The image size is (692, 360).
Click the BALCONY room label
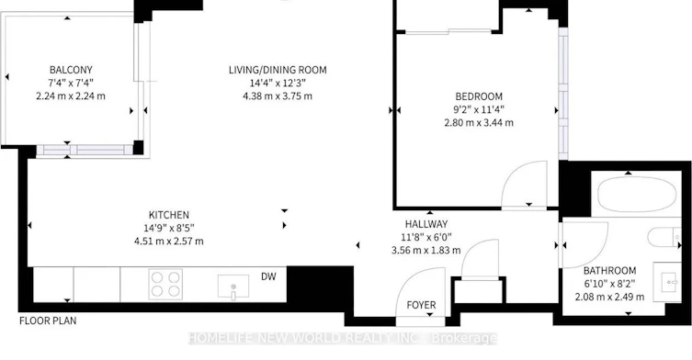coord(71,70)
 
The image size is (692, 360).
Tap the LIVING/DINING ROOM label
coord(278,70)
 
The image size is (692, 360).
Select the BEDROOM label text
coord(479,96)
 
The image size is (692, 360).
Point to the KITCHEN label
coord(169,215)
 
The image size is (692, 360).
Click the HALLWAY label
coord(426,224)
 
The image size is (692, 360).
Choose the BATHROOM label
coord(610,270)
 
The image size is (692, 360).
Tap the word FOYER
coord(421,305)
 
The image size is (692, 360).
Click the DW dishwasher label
coord(268,276)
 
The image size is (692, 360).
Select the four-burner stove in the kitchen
coord(165,284)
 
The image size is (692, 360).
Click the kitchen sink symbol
coord(233,287)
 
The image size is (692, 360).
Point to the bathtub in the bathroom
coord(637,195)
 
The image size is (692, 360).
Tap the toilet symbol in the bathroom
coord(664,237)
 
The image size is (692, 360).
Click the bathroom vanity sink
coord(668,282)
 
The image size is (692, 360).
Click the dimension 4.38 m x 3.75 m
coord(278,96)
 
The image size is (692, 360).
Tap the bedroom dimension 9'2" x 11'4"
coord(479,109)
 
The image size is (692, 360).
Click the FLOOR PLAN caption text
coord(48,321)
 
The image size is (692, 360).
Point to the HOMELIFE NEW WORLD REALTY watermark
coord(343,338)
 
